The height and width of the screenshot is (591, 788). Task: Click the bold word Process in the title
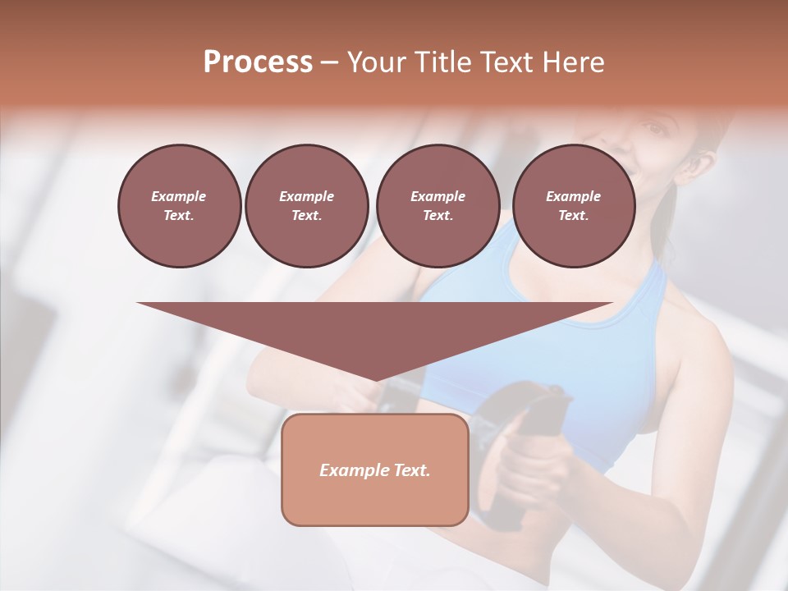pyautogui.click(x=258, y=62)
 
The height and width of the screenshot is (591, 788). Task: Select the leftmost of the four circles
pyautogui.click(x=179, y=205)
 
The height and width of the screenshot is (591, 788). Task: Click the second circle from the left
pyautogui.click(x=306, y=205)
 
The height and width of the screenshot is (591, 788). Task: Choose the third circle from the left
pyautogui.click(x=438, y=205)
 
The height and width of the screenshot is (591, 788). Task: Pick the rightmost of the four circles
pyautogui.click(x=574, y=205)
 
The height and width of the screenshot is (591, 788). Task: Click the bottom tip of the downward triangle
pyautogui.click(x=375, y=379)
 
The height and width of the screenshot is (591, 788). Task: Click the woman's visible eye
pyautogui.click(x=653, y=129)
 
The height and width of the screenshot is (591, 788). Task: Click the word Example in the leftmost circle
pyautogui.click(x=179, y=196)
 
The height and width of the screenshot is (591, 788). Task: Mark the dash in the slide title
pyautogui.click(x=330, y=62)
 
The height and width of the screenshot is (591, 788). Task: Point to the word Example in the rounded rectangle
pyautogui.click(x=351, y=470)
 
